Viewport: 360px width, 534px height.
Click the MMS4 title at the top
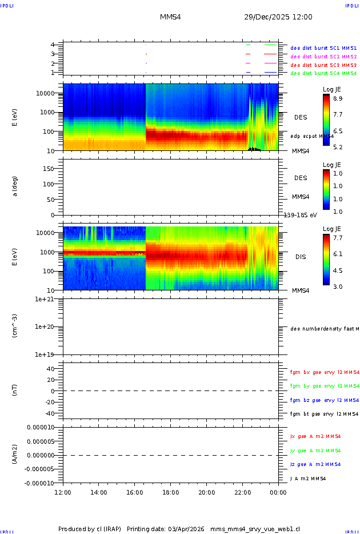pyautogui.click(x=170, y=17)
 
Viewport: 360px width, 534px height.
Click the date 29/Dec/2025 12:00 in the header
pyautogui.click(x=278, y=17)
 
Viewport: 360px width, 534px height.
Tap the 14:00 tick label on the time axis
pyautogui.click(x=99, y=492)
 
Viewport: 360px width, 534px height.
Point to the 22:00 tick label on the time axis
pyautogui.click(x=243, y=492)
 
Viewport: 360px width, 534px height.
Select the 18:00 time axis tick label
pyautogui.click(x=171, y=492)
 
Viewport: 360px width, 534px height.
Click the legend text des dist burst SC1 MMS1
pyautogui.click(x=323, y=49)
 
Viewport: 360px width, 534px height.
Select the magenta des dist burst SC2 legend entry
pyautogui.click(x=323, y=57)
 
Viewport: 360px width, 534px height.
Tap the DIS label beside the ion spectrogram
pyautogui.click(x=301, y=257)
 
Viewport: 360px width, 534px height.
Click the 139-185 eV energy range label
pyautogui.click(x=300, y=215)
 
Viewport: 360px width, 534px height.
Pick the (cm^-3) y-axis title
pyautogui.click(x=15, y=326)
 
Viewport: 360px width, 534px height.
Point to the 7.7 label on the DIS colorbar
pyautogui.click(x=338, y=237)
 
